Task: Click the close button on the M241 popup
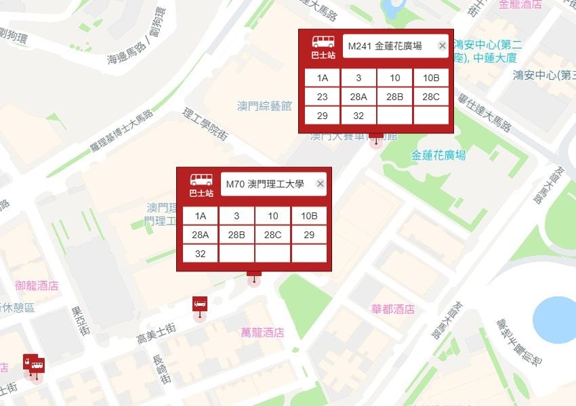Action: coord(442,46)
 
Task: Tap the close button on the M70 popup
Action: coord(320,184)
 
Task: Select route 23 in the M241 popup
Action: coord(323,97)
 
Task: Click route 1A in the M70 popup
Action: coord(201,216)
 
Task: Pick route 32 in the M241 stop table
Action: coord(358,116)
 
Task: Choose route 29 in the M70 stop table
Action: coord(309,235)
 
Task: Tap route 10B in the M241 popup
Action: coord(431,78)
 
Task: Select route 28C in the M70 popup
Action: coord(273,235)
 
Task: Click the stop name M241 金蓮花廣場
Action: coord(385,46)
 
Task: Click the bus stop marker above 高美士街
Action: coord(200,304)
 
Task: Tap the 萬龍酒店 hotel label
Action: coord(262,332)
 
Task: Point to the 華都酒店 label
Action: coord(392,309)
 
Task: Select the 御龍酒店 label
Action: coord(37,286)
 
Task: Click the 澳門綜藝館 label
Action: coord(264,106)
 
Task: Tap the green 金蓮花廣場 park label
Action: coord(438,156)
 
